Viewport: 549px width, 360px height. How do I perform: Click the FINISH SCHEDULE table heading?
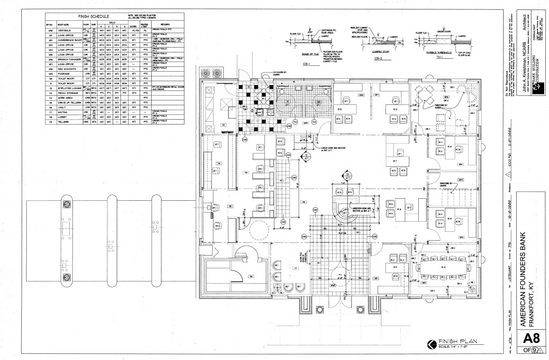click(x=94, y=16)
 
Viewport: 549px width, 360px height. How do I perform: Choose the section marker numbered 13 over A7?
click(x=347, y=177)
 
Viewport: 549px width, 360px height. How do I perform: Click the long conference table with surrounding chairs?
click(x=442, y=267)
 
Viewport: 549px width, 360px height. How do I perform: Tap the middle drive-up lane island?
click(x=111, y=241)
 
